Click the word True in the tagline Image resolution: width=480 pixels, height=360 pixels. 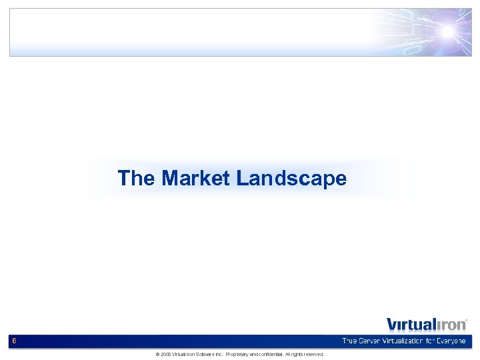(x=351, y=341)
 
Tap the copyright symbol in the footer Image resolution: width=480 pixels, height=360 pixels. (x=157, y=354)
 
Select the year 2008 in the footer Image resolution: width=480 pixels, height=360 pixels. (x=165, y=354)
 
